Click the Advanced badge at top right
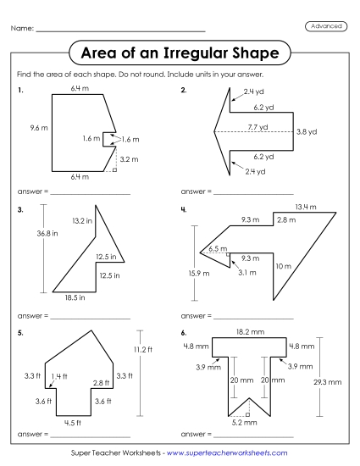pos(324,27)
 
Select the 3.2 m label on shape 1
pos(130,158)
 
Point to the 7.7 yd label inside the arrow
pos(258,126)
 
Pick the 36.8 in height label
pos(36,235)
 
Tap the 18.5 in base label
pos(75,298)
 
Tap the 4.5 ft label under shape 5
pos(73,423)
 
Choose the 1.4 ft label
pos(58,375)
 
